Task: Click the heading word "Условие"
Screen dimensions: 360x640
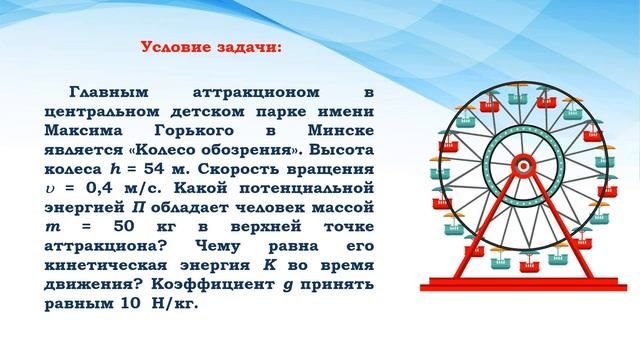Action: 175,47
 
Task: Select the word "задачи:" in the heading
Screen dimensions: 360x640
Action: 247,47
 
